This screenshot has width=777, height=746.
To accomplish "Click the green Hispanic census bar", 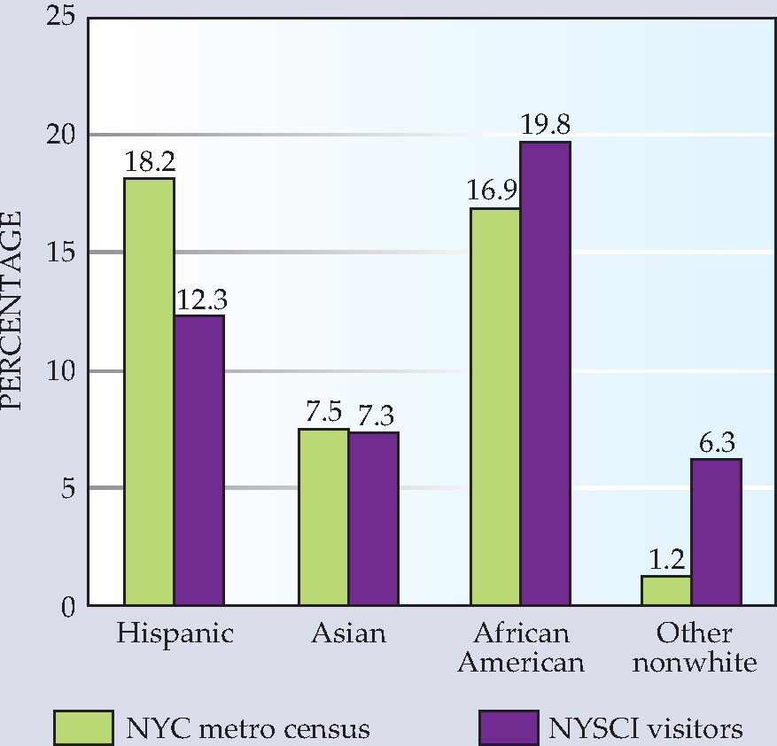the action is point(149,392).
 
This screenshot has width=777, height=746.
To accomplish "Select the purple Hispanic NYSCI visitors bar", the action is point(199,460).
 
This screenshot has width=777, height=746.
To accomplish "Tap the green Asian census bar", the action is point(323,517).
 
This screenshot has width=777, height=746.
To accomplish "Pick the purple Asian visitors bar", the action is point(374,519).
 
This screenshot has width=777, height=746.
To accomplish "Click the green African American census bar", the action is point(495,407).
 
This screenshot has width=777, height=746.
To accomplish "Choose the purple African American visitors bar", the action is point(546,373).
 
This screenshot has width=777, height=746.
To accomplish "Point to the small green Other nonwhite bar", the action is point(666,590).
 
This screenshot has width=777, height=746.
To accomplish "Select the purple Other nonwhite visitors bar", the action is point(717,532).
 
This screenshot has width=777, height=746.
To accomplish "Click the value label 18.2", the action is point(150,161).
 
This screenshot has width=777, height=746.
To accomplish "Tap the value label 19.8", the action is point(545,124).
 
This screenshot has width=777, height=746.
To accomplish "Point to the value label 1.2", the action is point(666,560).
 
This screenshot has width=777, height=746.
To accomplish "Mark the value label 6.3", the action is point(717,443).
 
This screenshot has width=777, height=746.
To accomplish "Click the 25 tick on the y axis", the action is point(60,16).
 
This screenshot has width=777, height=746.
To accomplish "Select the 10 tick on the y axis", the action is point(61,370).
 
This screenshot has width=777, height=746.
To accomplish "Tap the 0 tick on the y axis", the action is point(68,606).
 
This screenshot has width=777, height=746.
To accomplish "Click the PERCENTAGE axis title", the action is point(11,311).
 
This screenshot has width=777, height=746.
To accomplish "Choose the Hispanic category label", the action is point(175,634).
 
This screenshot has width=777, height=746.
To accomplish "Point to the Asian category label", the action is point(349,633).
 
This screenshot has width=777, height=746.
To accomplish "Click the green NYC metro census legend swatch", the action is point(84,727).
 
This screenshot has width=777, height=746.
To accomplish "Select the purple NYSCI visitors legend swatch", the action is point(509,727).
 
